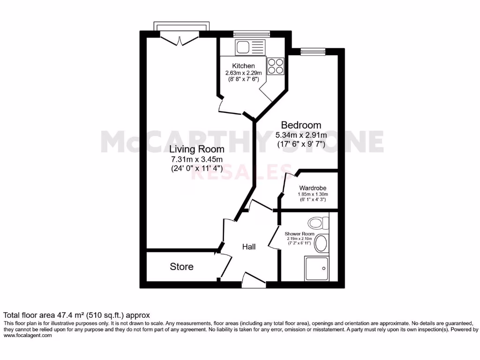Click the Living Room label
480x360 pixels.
pyautogui.click(x=196, y=150)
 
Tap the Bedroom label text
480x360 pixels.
pyautogui.click(x=301, y=125)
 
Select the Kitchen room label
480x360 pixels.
pyautogui.click(x=243, y=66)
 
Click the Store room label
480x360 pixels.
pyautogui.click(x=181, y=267)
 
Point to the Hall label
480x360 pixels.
pyautogui.click(x=248, y=247)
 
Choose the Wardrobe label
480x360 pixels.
pyautogui.click(x=313, y=189)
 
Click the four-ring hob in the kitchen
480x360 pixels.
pyautogui.click(x=275, y=66)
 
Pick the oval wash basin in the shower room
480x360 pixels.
pyautogui.click(x=321, y=243)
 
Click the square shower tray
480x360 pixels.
pyautogui.click(x=316, y=269)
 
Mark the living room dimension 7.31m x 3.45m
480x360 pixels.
pyautogui.click(x=196, y=159)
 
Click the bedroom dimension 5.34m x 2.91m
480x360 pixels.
pyautogui.click(x=301, y=135)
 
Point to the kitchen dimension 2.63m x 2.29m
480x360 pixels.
pyautogui.click(x=243, y=73)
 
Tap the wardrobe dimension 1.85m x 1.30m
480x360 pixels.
pyautogui.click(x=313, y=195)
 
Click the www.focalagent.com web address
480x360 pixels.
pyautogui.click(x=28, y=335)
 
